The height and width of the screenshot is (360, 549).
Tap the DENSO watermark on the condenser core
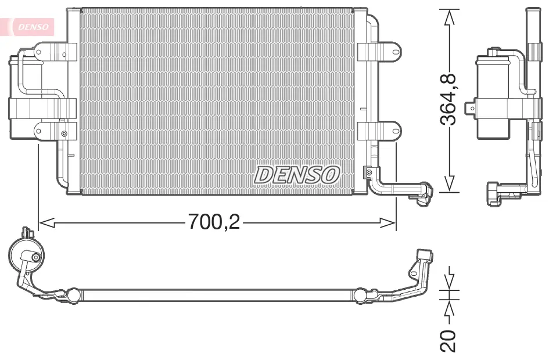(297, 174)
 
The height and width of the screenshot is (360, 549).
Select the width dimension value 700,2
(213, 222)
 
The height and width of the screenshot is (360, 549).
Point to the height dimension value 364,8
(448, 99)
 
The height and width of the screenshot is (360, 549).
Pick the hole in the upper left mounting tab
(40, 52)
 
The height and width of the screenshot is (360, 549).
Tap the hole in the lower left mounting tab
(40, 131)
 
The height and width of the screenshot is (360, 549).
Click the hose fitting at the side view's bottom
(496, 193)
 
